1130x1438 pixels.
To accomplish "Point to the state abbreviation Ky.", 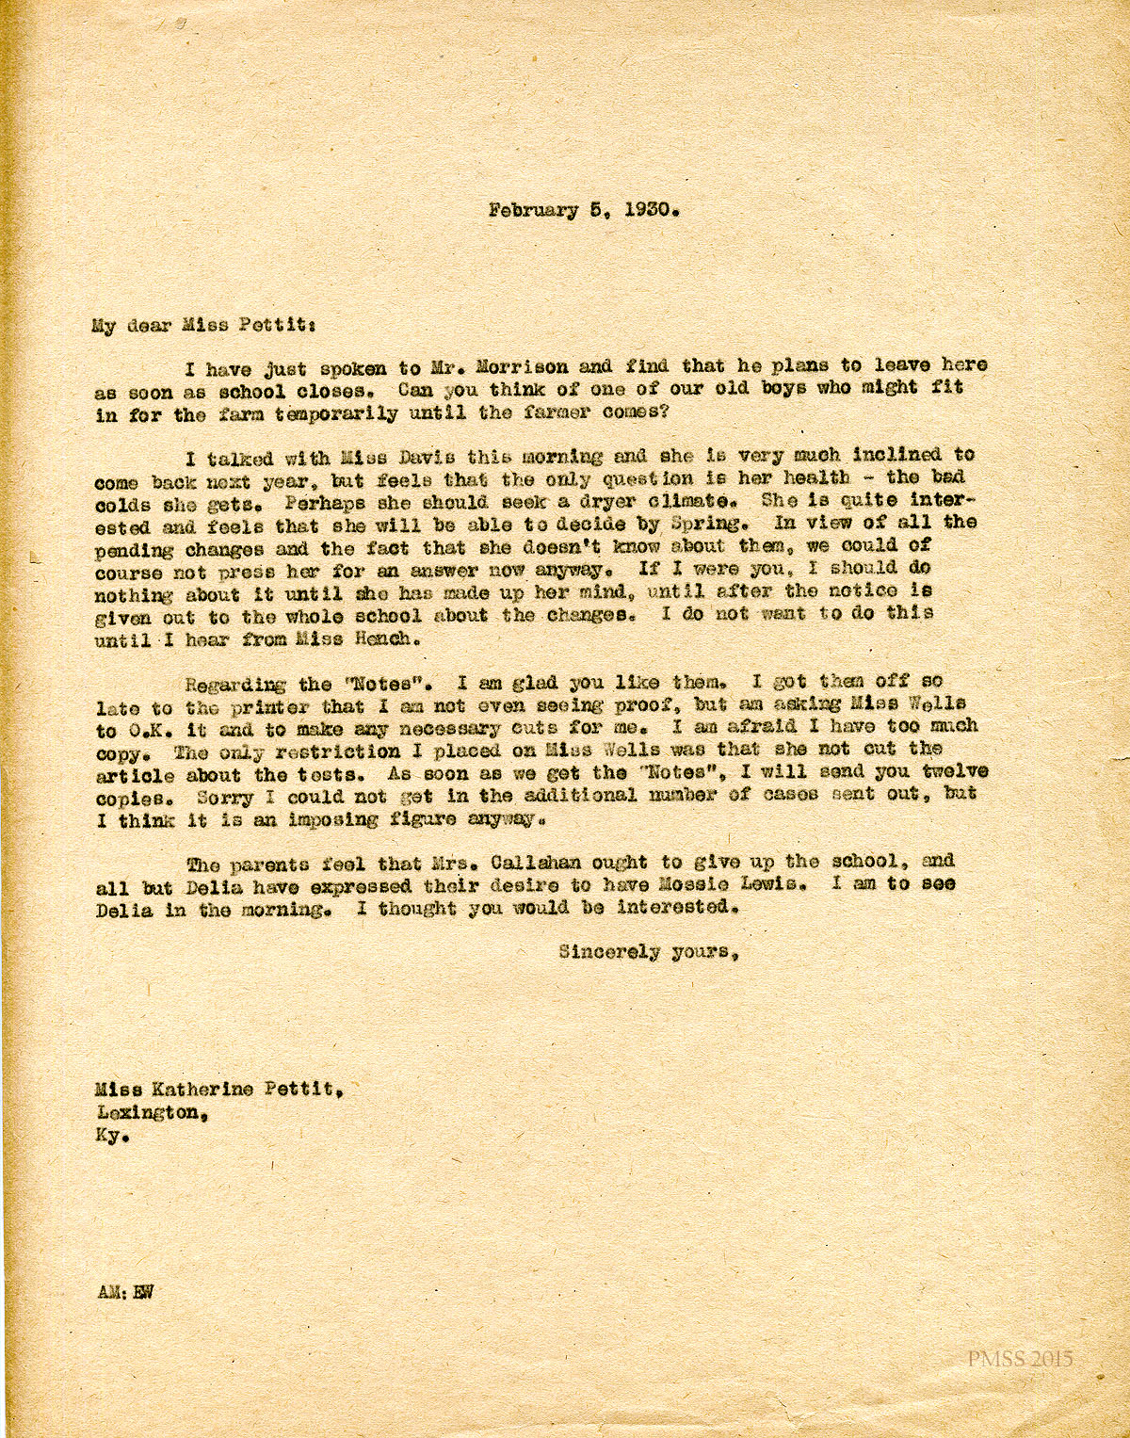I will click(x=108, y=1135).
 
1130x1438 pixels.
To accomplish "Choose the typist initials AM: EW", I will click(x=123, y=1291).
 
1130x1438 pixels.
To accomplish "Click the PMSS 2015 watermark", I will click(x=1019, y=1358).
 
